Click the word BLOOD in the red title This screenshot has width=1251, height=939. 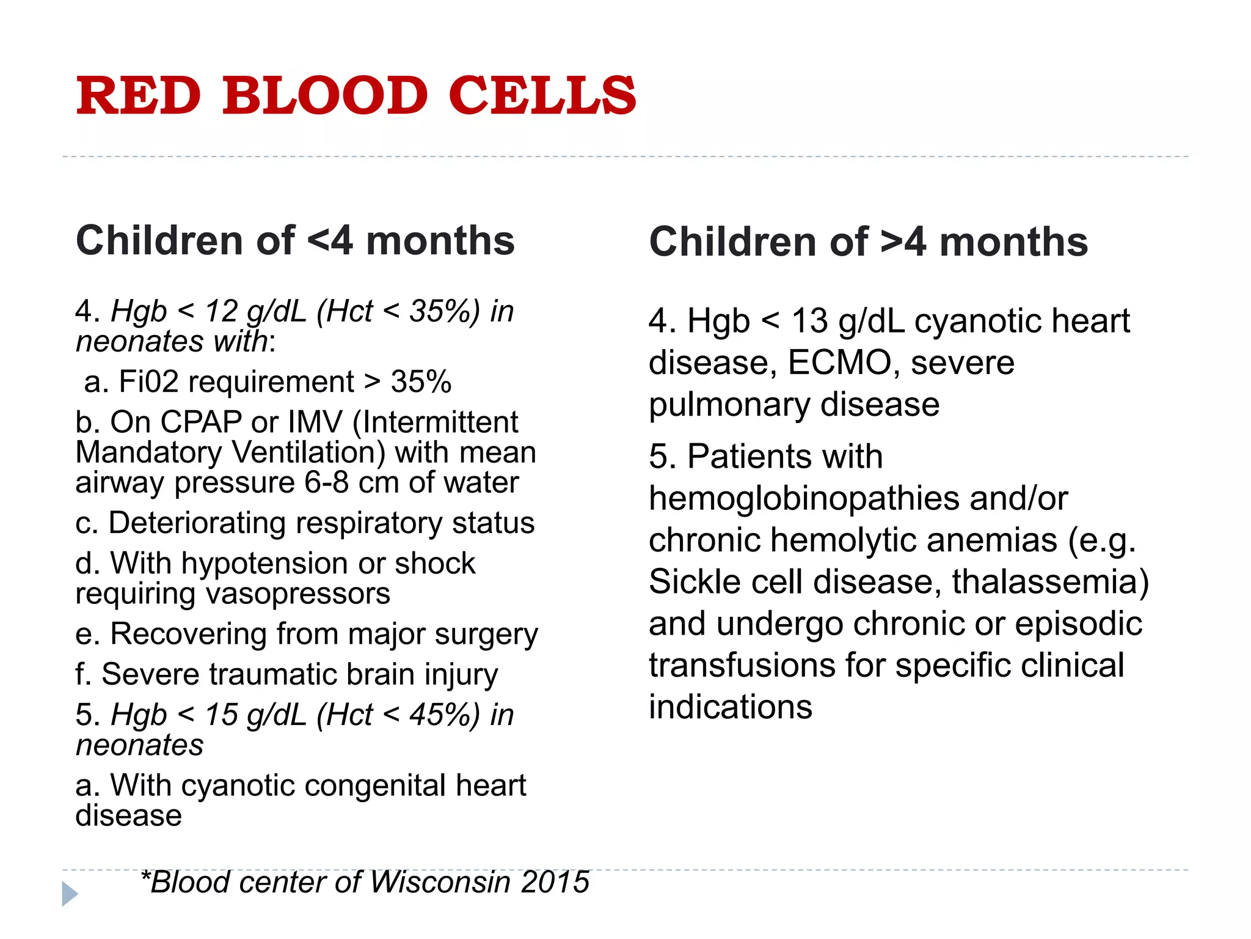pos(324,96)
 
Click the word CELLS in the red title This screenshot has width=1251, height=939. pos(542,96)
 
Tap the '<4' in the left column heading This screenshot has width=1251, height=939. pos(330,241)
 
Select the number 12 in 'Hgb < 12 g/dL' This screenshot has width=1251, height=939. pos(221,312)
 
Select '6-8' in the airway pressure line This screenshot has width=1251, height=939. pos(326,483)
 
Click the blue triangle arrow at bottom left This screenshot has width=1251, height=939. pos(69,894)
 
